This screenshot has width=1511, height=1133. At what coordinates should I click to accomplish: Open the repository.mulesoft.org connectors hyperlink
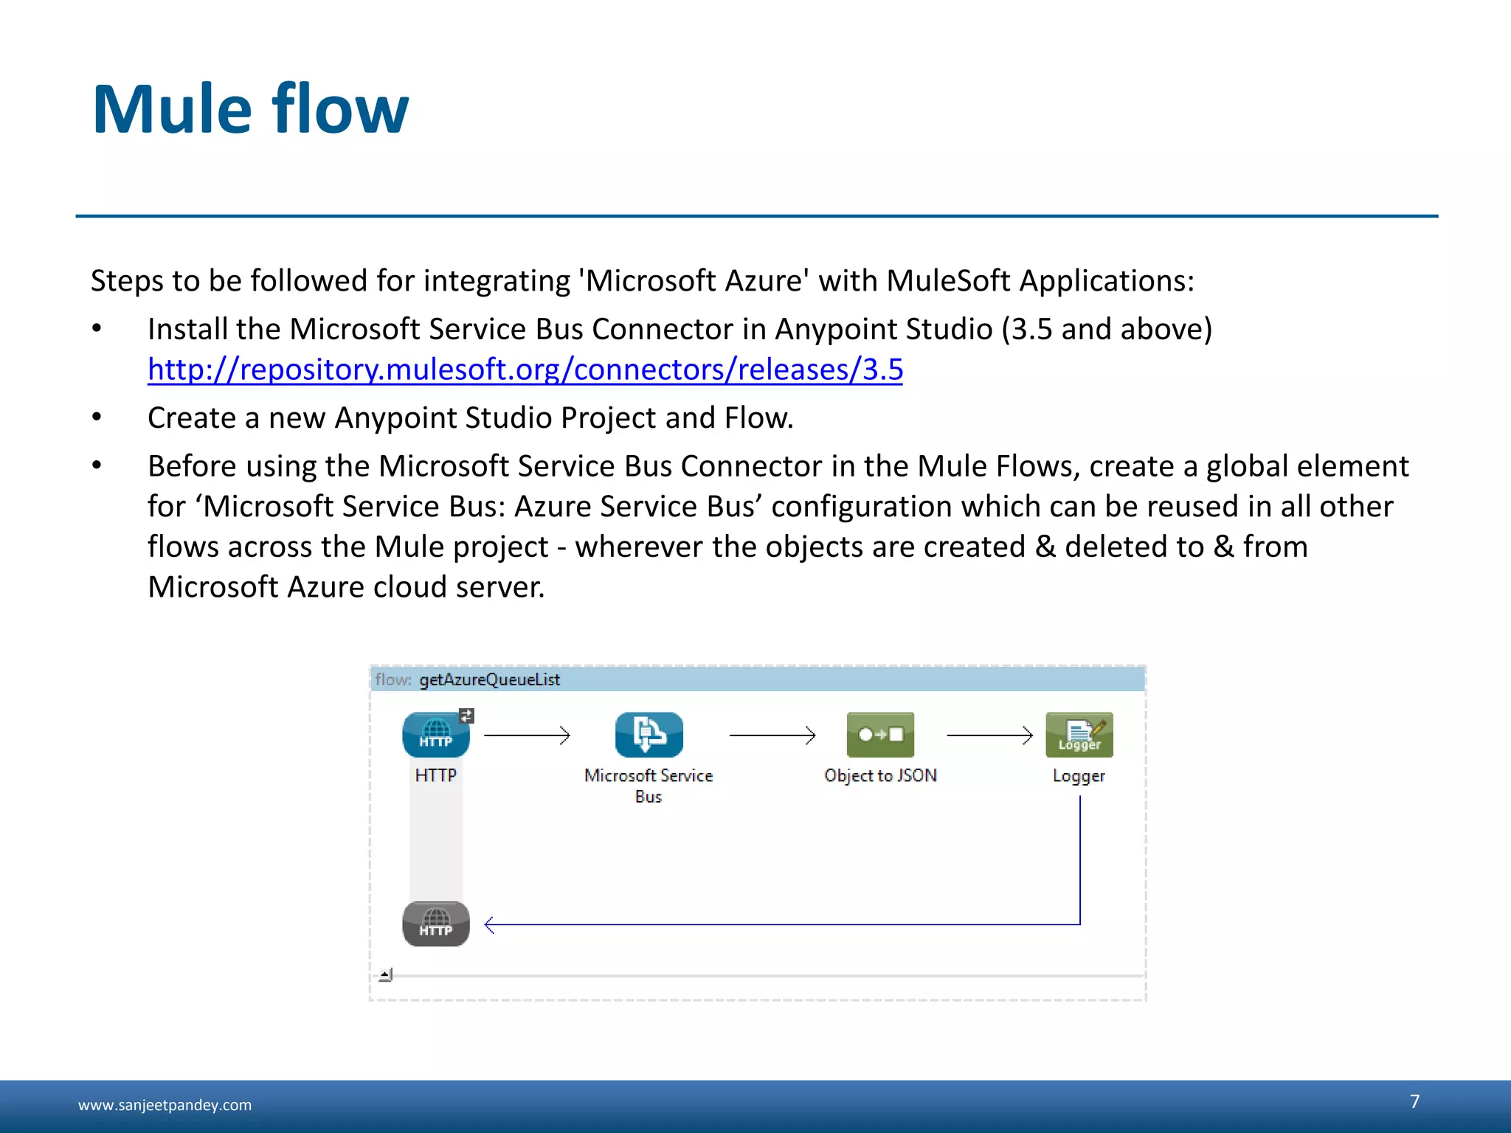525,370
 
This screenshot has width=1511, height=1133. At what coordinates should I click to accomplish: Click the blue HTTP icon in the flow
435,735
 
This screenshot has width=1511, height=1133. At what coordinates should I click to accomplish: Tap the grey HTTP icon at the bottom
435,924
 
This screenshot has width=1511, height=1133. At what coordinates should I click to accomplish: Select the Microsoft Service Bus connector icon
649,735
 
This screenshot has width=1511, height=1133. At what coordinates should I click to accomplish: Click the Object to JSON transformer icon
880,735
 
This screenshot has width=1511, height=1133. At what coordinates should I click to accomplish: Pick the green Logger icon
1079,735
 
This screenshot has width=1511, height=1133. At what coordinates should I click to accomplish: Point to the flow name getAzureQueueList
489,679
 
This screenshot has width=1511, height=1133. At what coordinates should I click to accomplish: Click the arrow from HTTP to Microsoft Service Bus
527,735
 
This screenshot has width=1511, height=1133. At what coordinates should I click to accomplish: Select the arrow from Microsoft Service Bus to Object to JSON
772,735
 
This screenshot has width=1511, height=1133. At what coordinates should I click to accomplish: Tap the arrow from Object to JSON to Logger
989,735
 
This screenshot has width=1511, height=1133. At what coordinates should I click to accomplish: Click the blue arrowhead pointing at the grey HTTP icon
490,924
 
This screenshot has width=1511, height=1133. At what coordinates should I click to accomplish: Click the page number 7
1414,1101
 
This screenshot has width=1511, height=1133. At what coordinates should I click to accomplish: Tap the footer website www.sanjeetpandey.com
165,1105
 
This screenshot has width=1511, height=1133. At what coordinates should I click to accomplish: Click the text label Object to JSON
880,775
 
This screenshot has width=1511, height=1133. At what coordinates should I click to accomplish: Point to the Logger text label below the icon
1079,776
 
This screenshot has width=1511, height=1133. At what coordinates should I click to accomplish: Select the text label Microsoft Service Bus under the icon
649,786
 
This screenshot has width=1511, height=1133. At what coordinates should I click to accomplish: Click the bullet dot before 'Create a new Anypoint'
97,417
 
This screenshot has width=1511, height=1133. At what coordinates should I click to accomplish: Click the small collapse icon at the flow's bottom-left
386,975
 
